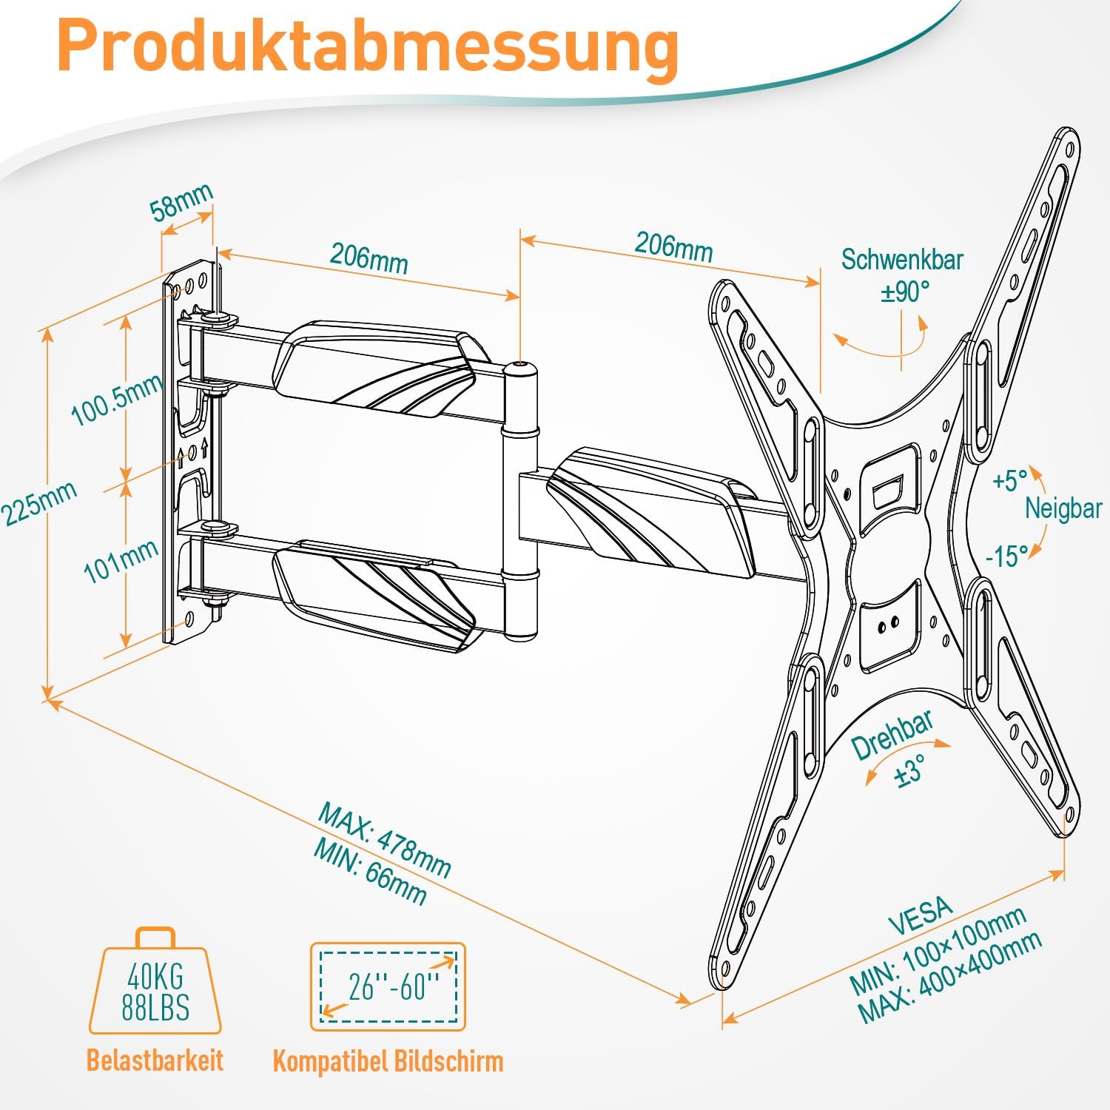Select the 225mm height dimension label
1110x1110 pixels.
tap(38, 503)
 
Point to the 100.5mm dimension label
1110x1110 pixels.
tap(116, 400)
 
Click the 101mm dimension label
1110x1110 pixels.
tap(121, 560)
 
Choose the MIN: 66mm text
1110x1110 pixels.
tap(370, 872)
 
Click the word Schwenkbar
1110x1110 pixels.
tap(902, 260)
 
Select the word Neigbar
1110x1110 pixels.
tap(1063, 508)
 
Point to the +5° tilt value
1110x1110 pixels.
tap(1010, 480)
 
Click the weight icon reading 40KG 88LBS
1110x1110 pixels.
tap(155, 984)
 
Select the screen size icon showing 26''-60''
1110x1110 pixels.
tap(388, 986)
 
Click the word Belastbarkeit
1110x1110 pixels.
tap(155, 1060)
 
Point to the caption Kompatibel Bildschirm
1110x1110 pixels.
tap(388, 1061)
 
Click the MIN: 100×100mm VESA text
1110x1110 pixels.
tap(937, 950)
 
